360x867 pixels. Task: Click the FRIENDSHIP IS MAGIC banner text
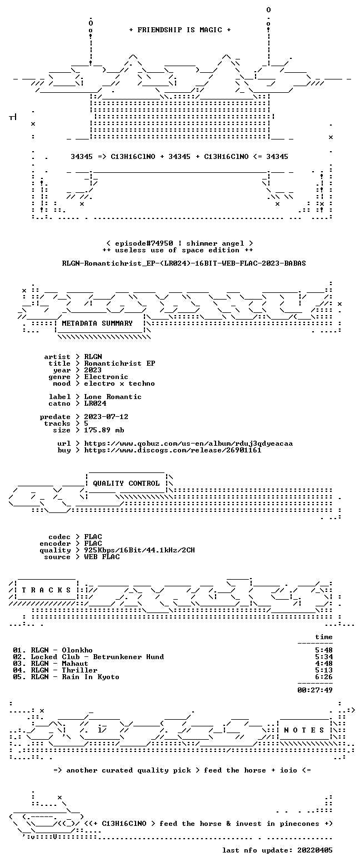(179, 30)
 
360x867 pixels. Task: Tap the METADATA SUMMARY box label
(97, 323)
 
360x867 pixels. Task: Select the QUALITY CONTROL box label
(126, 484)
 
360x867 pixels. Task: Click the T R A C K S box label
(47, 590)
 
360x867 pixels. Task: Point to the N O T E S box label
(304, 730)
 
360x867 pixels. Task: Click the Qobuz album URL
(188, 444)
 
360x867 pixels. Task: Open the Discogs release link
(173, 450)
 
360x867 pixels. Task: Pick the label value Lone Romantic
(113, 397)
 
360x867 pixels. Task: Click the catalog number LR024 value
(95, 403)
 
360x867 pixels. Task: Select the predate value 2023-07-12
(106, 417)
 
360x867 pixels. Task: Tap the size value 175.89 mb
(104, 430)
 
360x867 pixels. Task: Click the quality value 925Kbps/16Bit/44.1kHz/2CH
(139, 550)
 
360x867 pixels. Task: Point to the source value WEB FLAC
(102, 557)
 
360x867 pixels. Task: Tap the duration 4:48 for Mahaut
(324, 664)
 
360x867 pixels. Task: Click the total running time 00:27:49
(314, 690)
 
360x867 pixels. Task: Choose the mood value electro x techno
(119, 383)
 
